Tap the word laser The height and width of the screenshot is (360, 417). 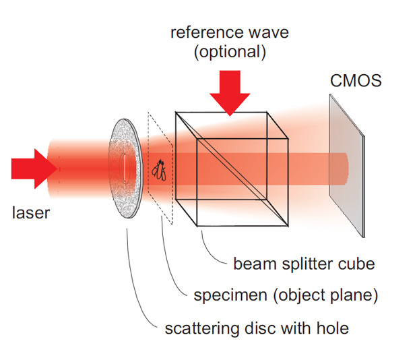click(31, 214)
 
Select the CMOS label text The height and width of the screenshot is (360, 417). click(356, 81)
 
